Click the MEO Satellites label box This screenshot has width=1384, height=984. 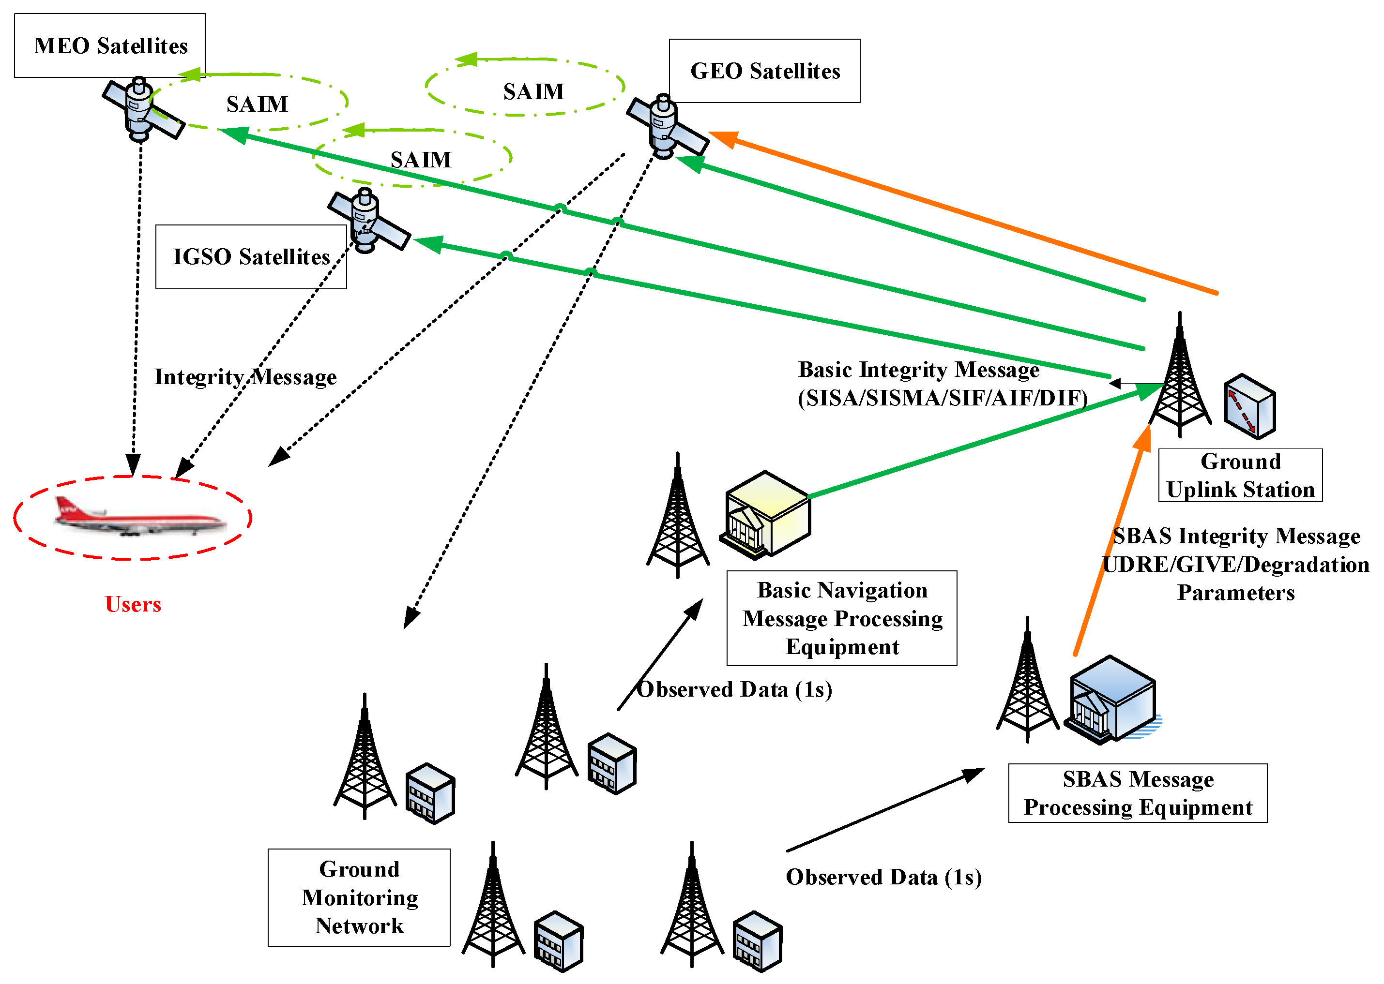click(110, 45)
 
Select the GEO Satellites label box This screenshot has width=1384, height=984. click(764, 71)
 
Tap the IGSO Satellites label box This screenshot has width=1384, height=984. click(250, 256)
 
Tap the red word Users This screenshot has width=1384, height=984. click(133, 604)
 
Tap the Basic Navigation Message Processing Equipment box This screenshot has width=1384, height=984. click(841, 618)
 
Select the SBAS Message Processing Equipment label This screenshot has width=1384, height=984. click(1137, 792)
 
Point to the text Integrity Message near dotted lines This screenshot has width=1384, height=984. click(245, 377)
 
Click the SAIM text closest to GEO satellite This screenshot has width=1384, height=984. click(533, 91)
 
